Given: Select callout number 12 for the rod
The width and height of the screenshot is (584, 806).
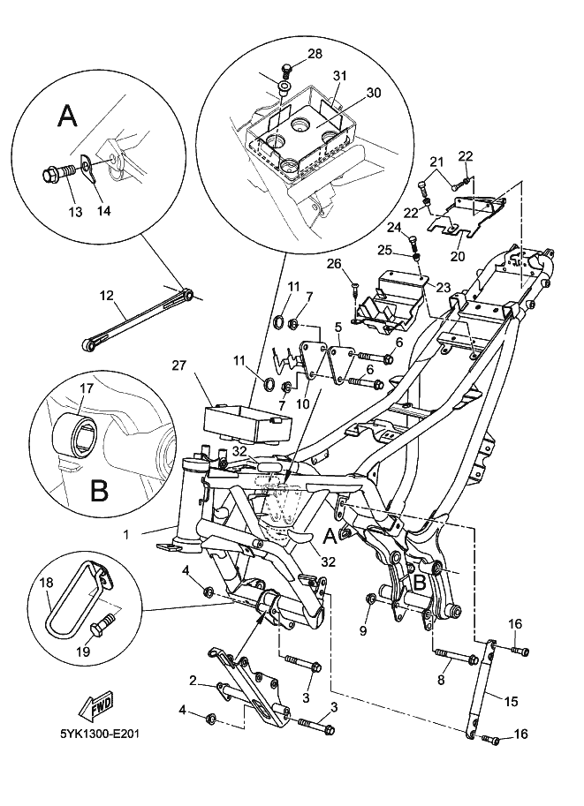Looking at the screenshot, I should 107,298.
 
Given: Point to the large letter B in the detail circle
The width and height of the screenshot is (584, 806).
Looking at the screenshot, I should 99,487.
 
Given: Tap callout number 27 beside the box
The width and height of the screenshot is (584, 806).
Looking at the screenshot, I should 180,364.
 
